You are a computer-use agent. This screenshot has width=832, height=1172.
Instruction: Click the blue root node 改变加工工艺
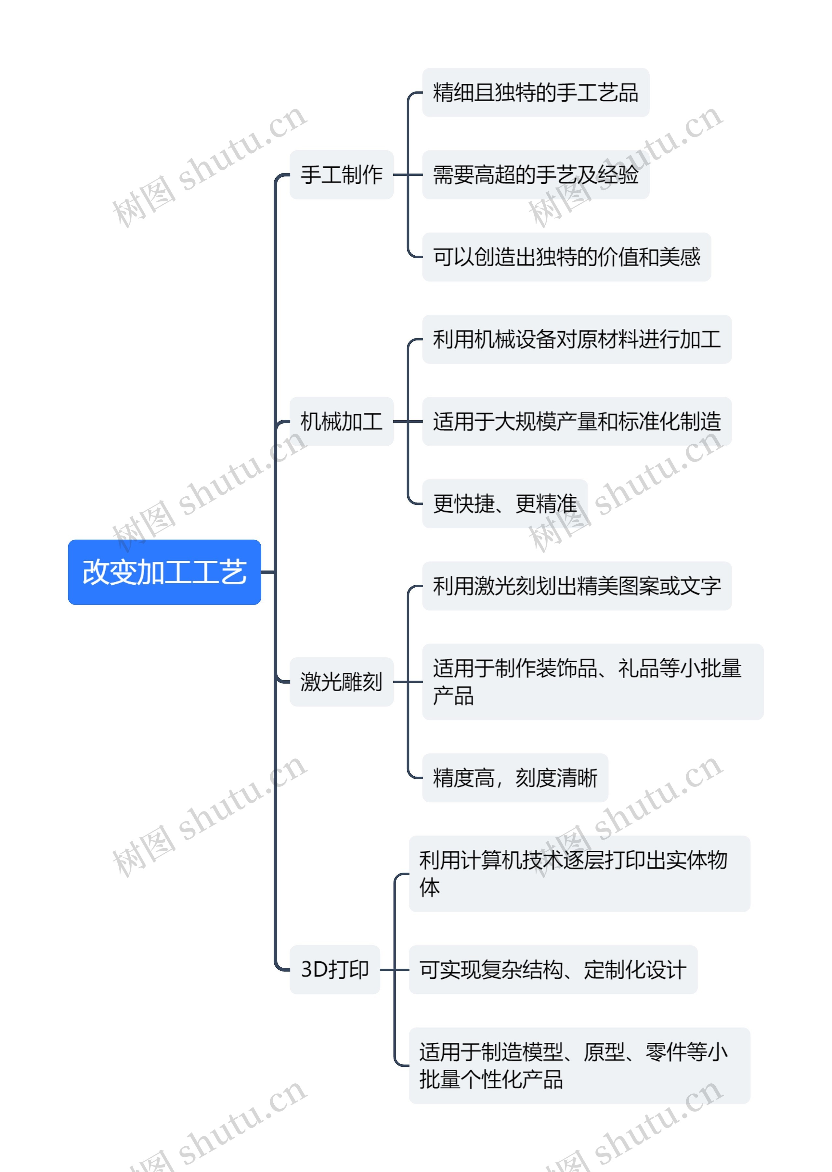coord(164,572)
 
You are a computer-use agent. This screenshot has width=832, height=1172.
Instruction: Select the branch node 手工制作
coord(341,174)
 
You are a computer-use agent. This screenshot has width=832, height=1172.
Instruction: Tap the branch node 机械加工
coord(341,421)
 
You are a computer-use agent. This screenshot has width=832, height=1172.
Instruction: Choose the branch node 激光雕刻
coord(341,682)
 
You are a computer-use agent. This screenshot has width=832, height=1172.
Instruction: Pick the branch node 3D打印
coord(334,969)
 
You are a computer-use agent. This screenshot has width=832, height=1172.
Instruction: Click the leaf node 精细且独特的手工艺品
coord(535,93)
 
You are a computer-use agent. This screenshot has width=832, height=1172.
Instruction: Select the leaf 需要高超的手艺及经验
coord(535,174)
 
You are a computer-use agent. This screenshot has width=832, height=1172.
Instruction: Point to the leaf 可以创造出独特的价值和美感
coord(566,257)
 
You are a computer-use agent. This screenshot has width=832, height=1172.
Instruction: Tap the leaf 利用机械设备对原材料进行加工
coord(576,339)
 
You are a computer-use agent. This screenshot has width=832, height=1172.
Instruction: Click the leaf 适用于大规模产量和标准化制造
coord(576,421)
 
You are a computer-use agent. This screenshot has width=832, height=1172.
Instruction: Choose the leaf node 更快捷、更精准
coord(505,503)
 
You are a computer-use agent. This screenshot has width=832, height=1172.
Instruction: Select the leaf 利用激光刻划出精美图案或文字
coord(576,586)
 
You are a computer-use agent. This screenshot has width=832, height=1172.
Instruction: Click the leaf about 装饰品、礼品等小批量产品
coord(592,682)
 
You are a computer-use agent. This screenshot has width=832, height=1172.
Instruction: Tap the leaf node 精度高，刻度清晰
coord(515,777)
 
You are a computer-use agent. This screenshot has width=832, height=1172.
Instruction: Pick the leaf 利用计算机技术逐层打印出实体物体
coord(579,873)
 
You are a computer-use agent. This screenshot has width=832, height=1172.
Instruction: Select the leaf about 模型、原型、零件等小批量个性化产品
coord(579,1065)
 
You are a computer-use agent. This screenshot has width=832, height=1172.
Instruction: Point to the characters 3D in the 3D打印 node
coord(314,969)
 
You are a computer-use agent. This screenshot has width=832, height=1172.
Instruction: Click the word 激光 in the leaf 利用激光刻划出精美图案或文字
coord(494,586)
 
